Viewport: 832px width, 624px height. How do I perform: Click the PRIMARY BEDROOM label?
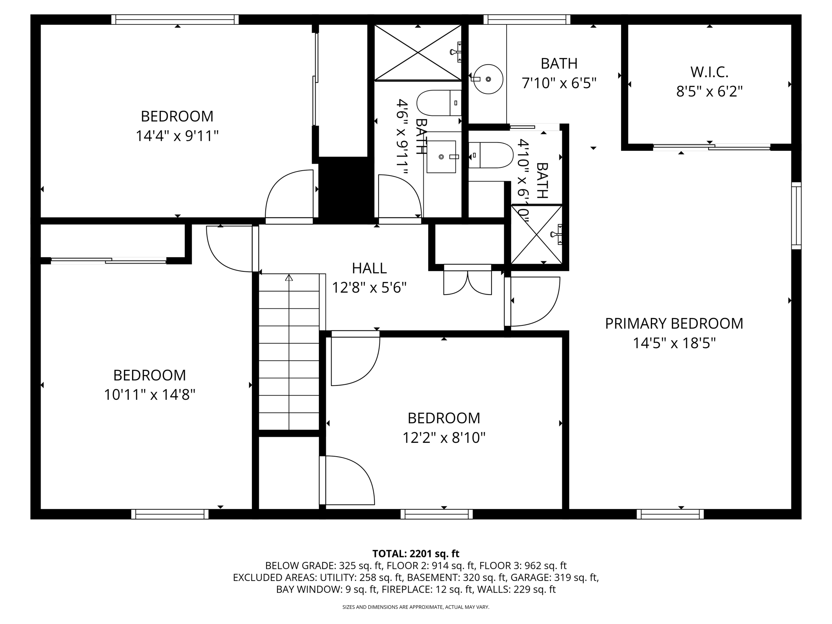(x=674, y=324)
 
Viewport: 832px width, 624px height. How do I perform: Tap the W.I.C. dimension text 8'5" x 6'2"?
(x=709, y=92)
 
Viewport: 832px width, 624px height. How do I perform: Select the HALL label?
(x=369, y=269)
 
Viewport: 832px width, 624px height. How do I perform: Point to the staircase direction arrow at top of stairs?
(x=289, y=278)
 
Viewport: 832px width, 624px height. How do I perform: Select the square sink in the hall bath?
(x=441, y=156)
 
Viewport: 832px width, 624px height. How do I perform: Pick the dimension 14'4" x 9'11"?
(x=177, y=136)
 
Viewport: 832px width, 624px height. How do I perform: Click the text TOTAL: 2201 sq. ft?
(x=416, y=554)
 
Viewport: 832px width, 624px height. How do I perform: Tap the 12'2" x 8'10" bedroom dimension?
(x=444, y=438)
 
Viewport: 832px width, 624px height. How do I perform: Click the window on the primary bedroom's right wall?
(x=796, y=215)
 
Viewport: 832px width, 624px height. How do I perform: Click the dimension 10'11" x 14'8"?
(x=149, y=395)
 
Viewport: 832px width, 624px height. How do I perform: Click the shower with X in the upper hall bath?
(x=418, y=52)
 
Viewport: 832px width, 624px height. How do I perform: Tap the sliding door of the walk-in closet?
(x=711, y=147)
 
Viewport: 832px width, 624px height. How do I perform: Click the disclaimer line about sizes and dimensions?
(x=416, y=607)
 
